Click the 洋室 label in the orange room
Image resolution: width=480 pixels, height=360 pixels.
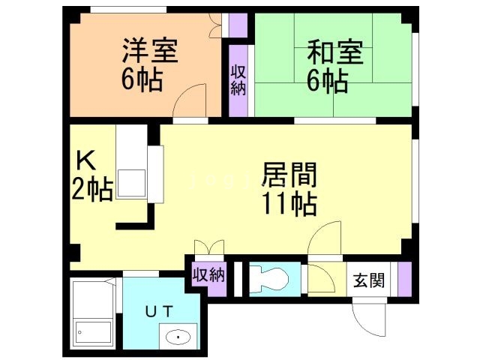click(x=150, y=52)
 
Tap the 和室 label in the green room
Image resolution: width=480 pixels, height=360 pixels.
click(x=334, y=52)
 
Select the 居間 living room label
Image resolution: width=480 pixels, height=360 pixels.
click(x=289, y=175)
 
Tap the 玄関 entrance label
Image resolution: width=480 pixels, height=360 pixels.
click(x=369, y=280)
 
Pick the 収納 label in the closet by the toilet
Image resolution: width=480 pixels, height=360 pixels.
click(x=208, y=274)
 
